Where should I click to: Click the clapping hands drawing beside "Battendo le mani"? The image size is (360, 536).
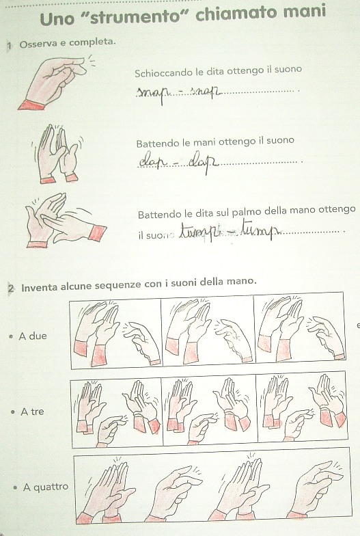[57, 154]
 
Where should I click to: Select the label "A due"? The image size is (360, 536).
[33, 336]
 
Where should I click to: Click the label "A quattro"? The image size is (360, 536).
[46, 487]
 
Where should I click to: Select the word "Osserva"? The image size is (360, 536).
[36, 45]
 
